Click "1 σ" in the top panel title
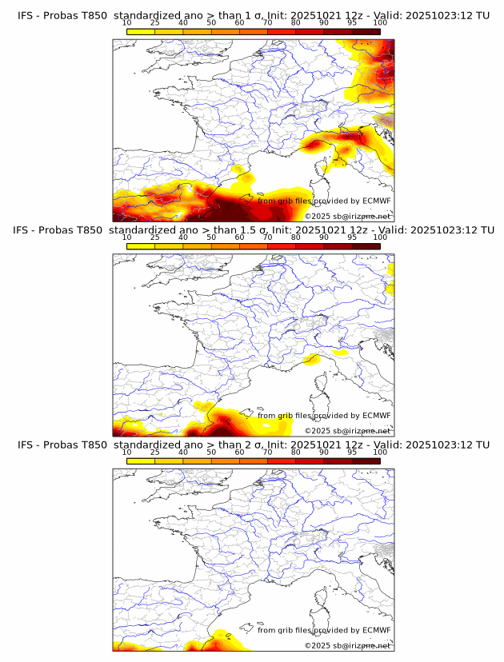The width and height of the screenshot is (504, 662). (x=258, y=15)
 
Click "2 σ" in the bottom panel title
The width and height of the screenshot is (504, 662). (x=259, y=445)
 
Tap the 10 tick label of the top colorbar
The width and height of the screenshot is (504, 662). (x=127, y=22)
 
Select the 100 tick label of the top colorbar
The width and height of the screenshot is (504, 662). (x=380, y=22)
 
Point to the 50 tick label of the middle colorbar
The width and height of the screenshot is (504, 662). (x=211, y=237)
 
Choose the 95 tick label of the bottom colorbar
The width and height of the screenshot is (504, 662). (x=352, y=452)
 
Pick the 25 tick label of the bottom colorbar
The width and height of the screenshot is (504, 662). (x=155, y=452)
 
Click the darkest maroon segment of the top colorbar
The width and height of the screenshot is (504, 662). (x=366, y=31)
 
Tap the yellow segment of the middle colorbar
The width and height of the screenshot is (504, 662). (x=141, y=246)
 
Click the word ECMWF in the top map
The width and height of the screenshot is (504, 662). (x=376, y=201)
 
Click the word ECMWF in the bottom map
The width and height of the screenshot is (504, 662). (x=376, y=631)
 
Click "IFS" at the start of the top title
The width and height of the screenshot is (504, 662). (x=26, y=15)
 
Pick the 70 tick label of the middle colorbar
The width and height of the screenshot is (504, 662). (x=267, y=237)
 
